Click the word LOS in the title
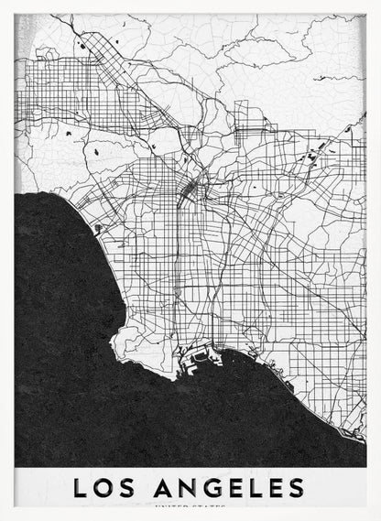(103, 485)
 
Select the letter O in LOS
(103, 485)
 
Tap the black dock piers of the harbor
(197, 361)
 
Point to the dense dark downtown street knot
(190, 189)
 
